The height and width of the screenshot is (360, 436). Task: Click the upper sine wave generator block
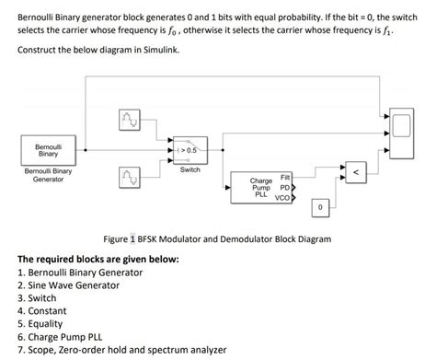pos(128,120)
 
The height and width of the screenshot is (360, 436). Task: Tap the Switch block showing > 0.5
pos(190,149)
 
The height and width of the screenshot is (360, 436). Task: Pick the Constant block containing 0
pos(319,208)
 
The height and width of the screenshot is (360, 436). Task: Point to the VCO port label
pos(283,198)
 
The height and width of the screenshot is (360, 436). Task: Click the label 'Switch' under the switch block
pos(190,170)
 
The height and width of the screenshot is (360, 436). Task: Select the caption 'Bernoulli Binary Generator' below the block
pos(48,175)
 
